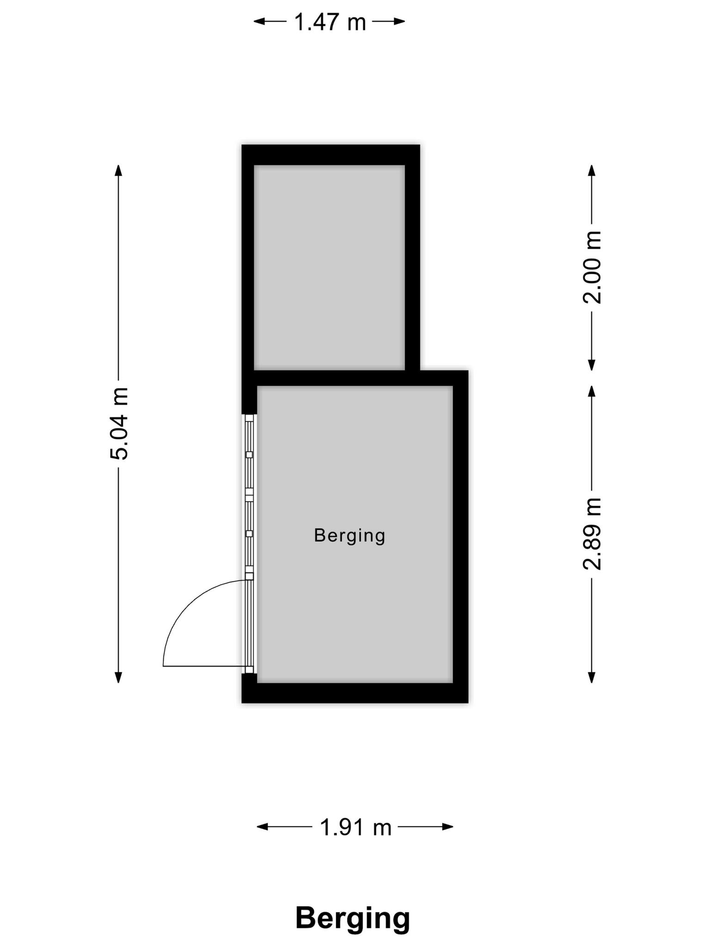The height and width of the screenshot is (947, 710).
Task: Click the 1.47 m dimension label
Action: (x=330, y=22)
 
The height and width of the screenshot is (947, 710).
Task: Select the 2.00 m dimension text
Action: (x=592, y=267)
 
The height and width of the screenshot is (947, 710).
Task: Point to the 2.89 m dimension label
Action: (x=592, y=534)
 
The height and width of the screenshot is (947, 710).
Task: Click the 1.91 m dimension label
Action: (x=355, y=827)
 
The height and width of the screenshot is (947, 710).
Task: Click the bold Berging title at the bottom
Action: (x=353, y=919)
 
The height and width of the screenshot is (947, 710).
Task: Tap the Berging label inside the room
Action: (x=349, y=535)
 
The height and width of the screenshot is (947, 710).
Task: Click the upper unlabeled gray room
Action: (x=330, y=267)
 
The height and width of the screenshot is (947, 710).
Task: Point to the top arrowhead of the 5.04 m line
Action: (x=119, y=170)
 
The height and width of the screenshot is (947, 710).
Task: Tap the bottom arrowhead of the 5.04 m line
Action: (x=119, y=677)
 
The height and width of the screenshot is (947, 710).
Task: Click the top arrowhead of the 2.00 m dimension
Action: (x=592, y=170)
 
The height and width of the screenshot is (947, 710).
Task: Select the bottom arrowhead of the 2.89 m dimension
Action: (x=592, y=677)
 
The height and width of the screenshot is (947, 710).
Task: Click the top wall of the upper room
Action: (x=331, y=155)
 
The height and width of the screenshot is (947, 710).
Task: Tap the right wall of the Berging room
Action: (x=460, y=536)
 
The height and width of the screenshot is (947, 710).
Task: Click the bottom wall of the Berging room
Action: (x=355, y=693)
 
